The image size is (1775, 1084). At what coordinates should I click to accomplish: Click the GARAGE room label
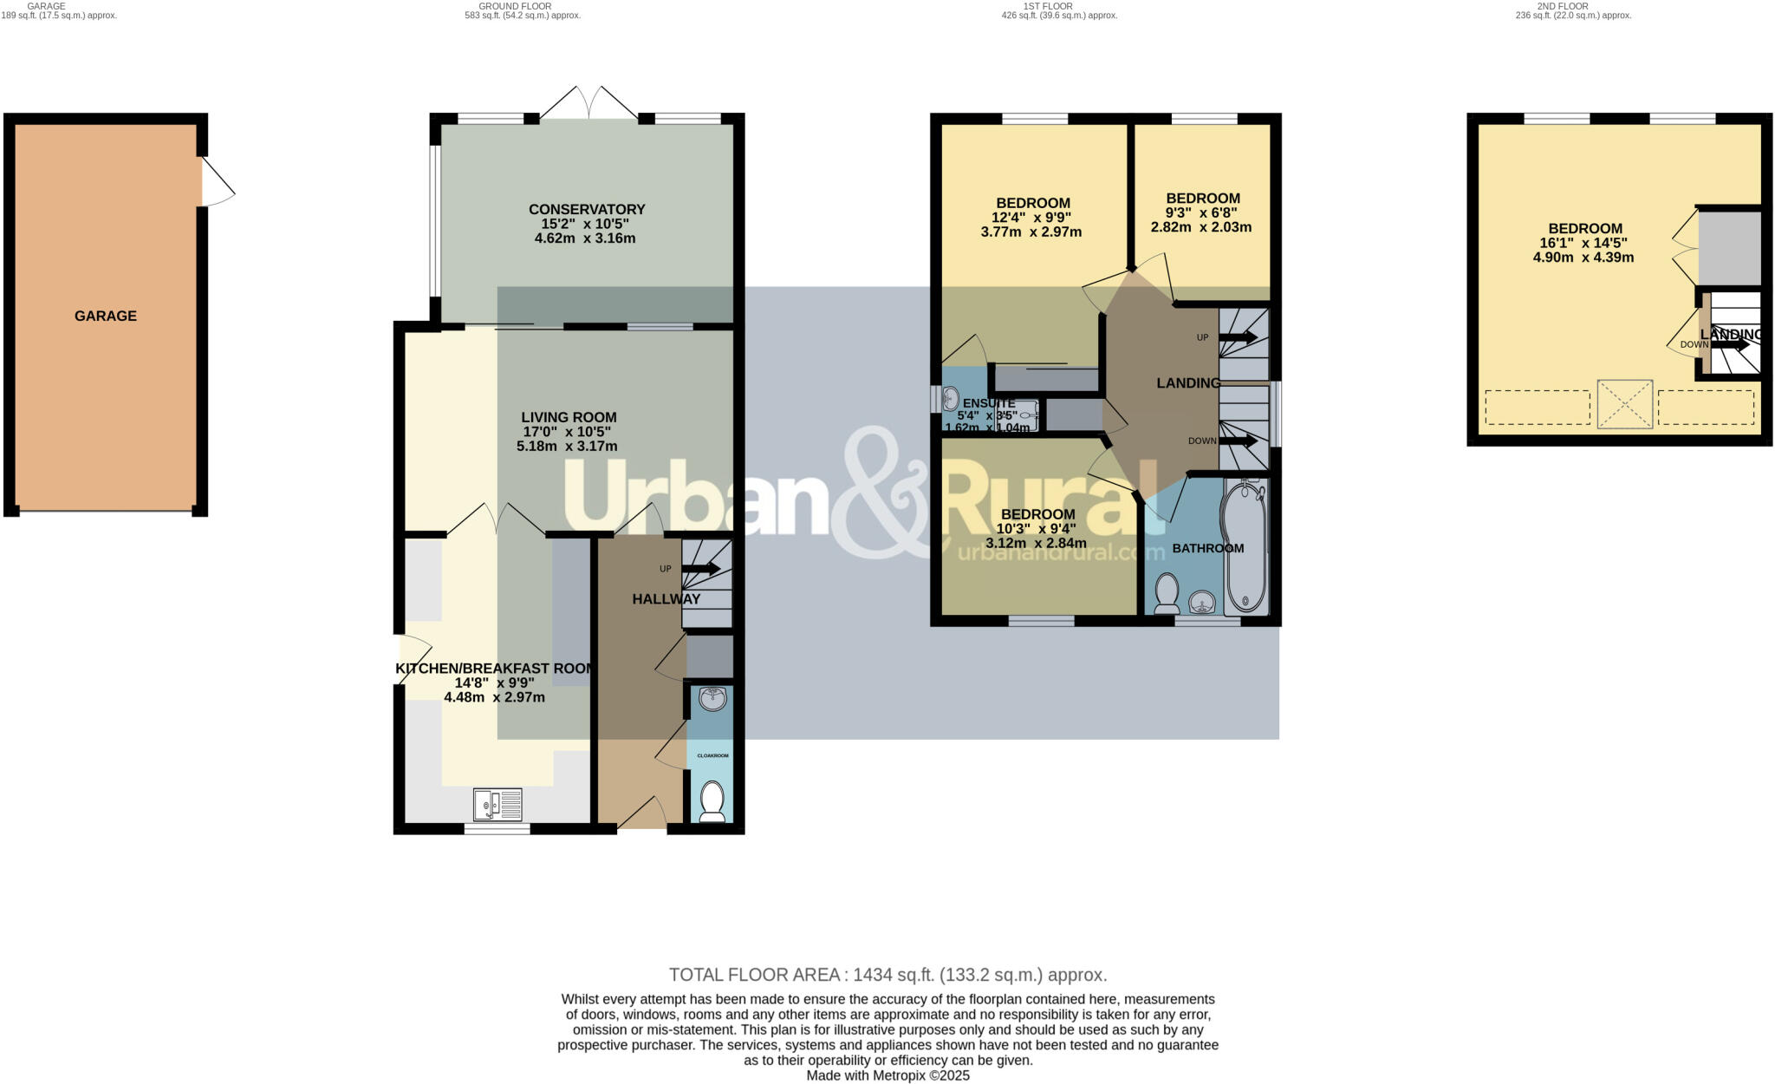pos(105,316)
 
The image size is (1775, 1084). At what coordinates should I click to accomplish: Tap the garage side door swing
pos(218,183)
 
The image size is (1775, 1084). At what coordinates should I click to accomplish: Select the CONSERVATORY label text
pos(587,209)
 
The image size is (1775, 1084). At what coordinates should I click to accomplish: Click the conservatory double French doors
pos(589,103)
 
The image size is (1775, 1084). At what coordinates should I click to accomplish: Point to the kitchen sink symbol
pos(497,804)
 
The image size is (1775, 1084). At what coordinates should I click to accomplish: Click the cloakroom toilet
pos(712,802)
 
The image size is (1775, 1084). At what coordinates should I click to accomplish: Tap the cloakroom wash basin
pos(712,698)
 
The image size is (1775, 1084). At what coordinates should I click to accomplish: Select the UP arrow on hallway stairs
pos(701,569)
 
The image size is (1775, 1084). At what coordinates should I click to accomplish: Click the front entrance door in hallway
pos(642,814)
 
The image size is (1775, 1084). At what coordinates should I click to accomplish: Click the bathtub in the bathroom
pos(1245,548)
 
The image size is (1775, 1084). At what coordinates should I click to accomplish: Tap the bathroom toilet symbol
pos(1167,592)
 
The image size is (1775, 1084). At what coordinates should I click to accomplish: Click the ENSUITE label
pos(989,403)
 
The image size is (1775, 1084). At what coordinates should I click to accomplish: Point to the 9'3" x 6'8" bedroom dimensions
pos(1202,212)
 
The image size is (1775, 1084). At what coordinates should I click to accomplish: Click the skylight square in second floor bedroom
pos(1625,404)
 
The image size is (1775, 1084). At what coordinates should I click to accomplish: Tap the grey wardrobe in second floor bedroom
pos(1729,249)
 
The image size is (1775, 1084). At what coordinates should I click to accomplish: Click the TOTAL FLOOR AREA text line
pos(887,975)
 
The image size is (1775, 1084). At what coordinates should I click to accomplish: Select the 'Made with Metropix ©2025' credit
pos(887,1075)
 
